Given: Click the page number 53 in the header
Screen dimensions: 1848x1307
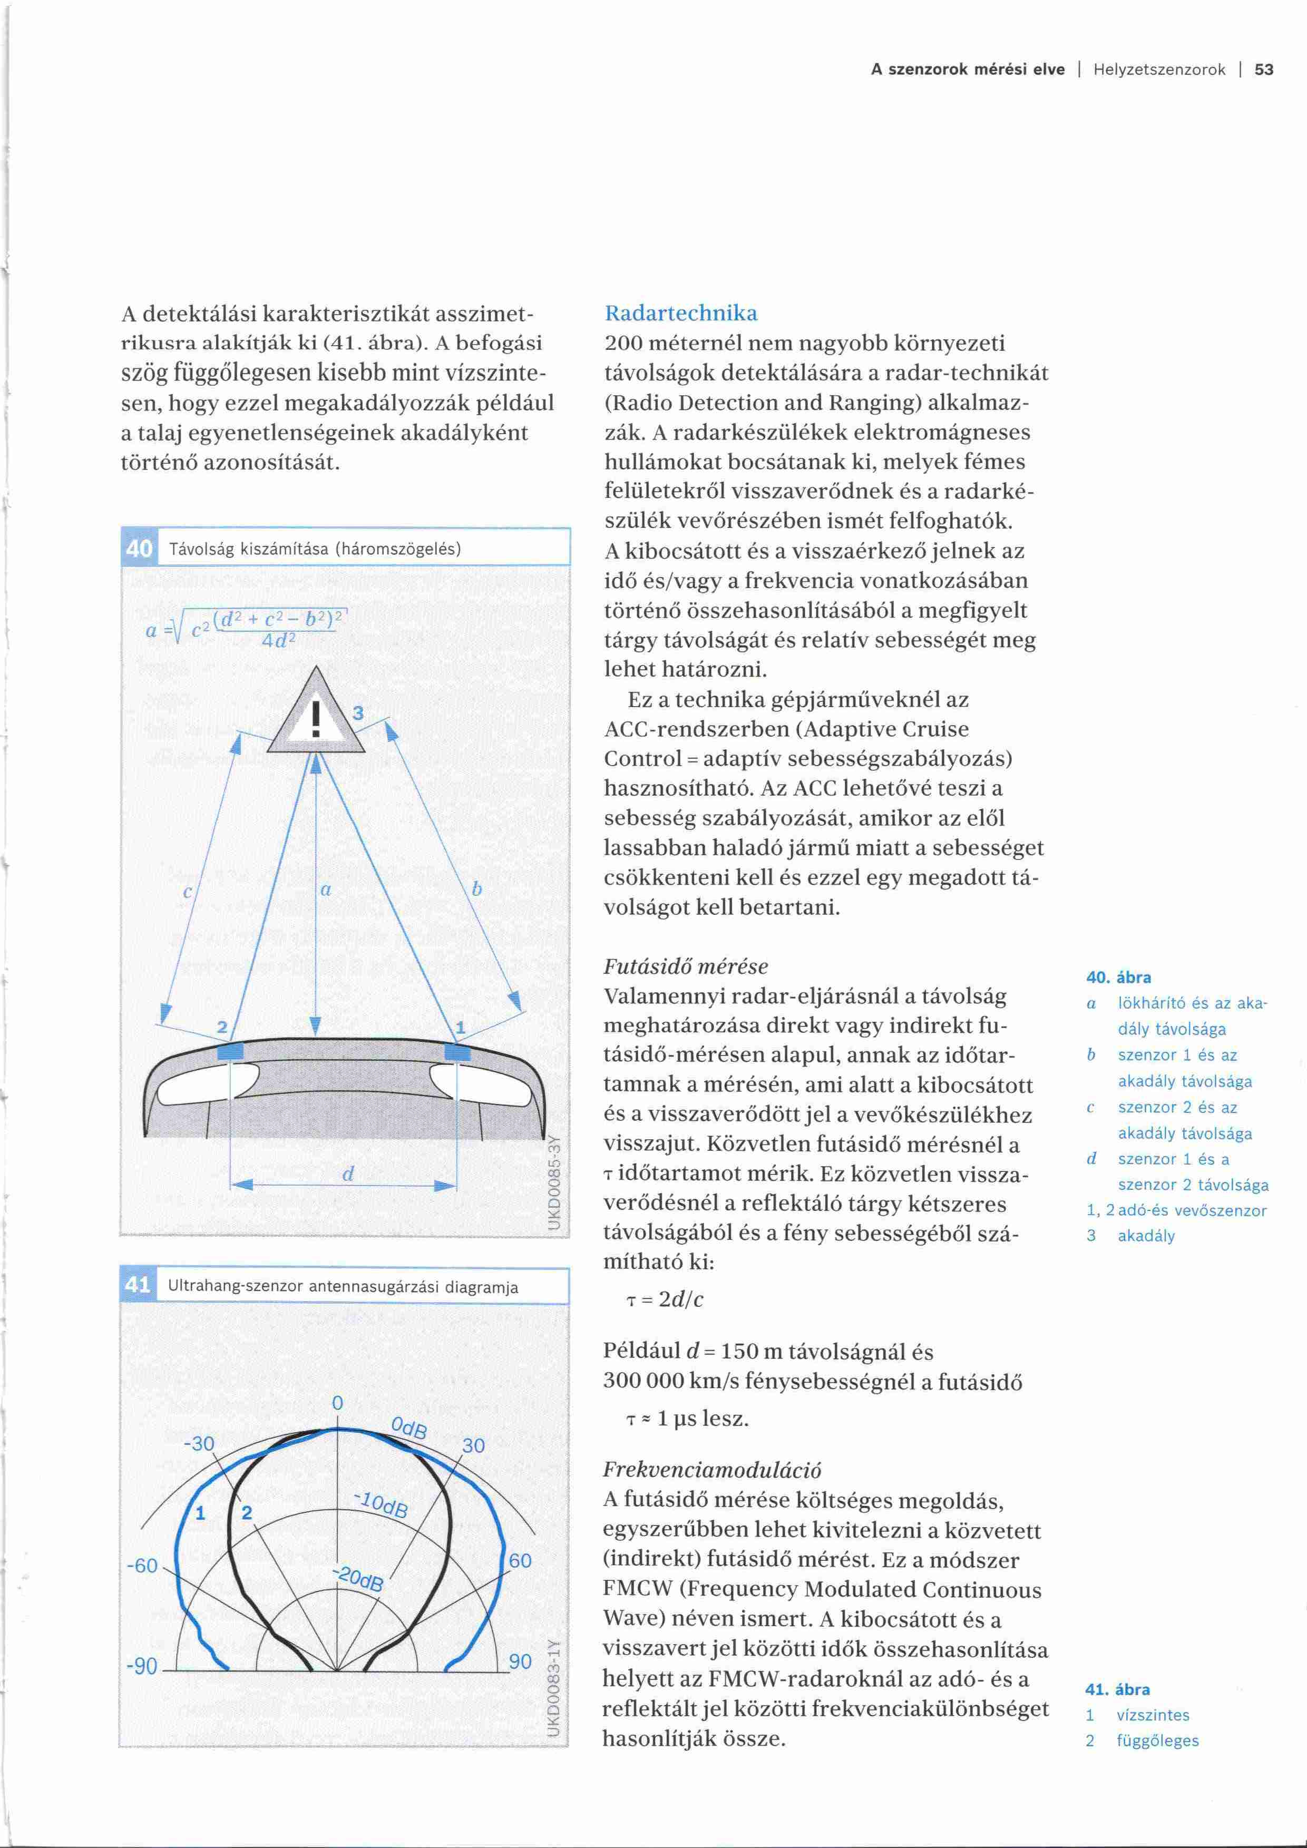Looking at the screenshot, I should (x=1264, y=70).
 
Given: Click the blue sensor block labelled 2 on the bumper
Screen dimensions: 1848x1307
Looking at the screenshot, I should (x=230, y=1051).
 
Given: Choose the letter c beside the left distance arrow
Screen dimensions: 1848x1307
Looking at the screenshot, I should (x=188, y=892).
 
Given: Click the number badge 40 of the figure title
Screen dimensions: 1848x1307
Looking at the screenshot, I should (x=139, y=549).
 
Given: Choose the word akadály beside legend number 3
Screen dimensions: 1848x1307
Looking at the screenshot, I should (x=1146, y=1236).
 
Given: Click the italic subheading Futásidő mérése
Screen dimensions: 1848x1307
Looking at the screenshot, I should (x=686, y=966).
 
